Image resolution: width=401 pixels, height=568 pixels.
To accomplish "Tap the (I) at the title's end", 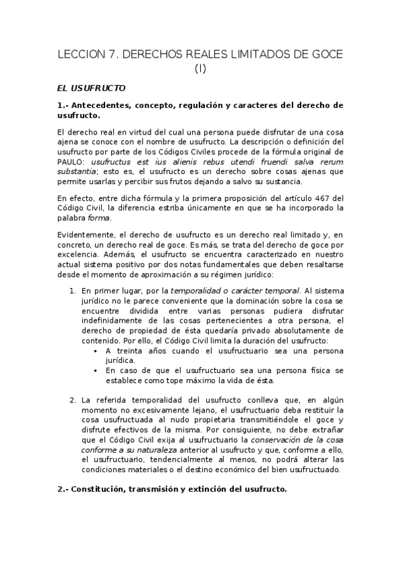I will pyautogui.click(x=200, y=68).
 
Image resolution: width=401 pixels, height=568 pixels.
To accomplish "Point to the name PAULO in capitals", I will pyautogui.click(x=72, y=162).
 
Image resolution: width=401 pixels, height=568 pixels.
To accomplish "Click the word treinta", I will pyautogui.click(x=131, y=350).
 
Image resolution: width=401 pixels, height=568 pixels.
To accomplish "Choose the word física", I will pyautogui.click(x=314, y=370).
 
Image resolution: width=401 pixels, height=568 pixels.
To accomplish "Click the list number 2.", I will pyautogui.click(x=72, y=400).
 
